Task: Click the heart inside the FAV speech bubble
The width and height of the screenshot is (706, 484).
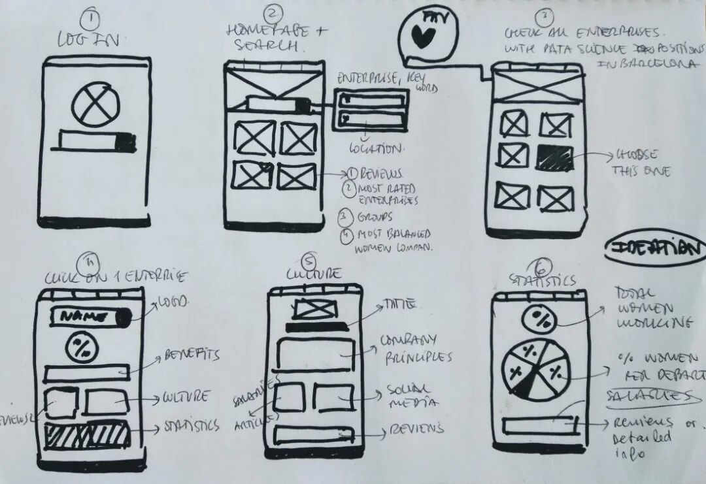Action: click(423, 38)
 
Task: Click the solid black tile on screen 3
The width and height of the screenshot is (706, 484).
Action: click(554, 157)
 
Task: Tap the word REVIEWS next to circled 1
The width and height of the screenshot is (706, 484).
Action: click(382, 174)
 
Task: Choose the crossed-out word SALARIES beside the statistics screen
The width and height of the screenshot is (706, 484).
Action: click(647, 396)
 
